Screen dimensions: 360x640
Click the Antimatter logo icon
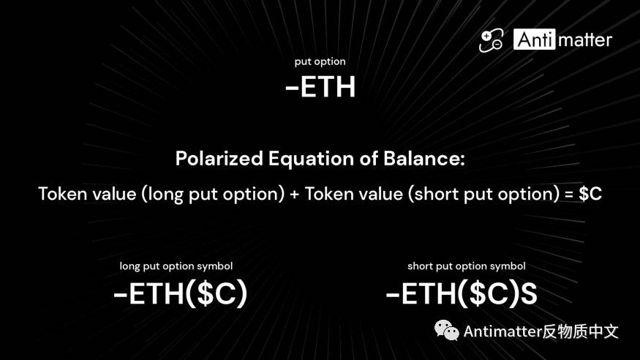click(x=491, y=40)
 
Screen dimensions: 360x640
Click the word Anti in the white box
click(x=534, y=40)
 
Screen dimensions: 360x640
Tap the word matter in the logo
click(x=584, y=40)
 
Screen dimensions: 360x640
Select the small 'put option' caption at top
click(x=320, y=61)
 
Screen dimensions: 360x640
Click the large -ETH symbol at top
click(x=320, y=87)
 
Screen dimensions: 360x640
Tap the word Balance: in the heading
click(x=426, y=159)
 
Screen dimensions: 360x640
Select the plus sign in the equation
click(x=294, y=195)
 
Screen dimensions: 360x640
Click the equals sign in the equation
click(x=567, y=195)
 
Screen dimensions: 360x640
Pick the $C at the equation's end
click(x=590, y=195)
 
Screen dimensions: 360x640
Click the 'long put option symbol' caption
click(x=176, y=266)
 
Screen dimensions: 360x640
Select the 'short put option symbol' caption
click(x=466, y=266)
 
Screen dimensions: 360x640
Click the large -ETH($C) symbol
click(x=181, y=294)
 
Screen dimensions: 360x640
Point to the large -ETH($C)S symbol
click(x=462, y=294)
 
